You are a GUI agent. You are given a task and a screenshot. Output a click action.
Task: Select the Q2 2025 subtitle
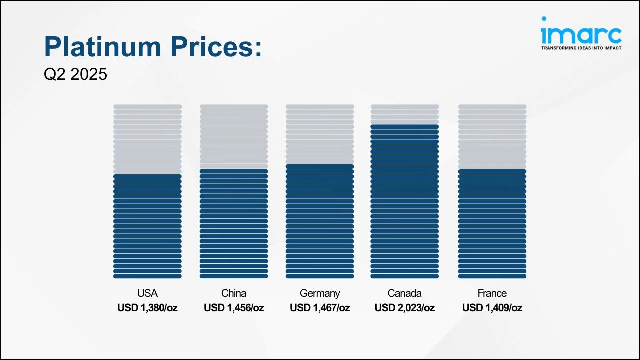75,74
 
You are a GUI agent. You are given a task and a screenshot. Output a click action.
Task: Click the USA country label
147,293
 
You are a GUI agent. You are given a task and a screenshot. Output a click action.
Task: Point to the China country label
234,293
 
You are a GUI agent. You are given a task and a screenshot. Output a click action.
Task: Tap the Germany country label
320,293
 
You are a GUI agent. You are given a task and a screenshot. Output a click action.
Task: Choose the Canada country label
404,293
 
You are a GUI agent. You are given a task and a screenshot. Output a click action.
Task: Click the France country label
492,293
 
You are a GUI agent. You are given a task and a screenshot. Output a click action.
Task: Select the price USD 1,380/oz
147,308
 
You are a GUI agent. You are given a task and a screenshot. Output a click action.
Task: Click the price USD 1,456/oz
234,308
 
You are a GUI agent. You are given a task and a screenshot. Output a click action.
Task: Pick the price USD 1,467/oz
320,308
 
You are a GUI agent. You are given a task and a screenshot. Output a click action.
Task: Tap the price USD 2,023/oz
404,308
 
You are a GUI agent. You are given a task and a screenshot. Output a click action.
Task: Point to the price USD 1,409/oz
492,308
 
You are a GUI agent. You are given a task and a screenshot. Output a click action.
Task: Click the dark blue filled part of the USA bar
147,226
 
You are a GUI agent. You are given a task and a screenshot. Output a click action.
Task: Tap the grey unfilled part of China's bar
234,137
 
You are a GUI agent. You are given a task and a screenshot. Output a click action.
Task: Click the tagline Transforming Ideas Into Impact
581,48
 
